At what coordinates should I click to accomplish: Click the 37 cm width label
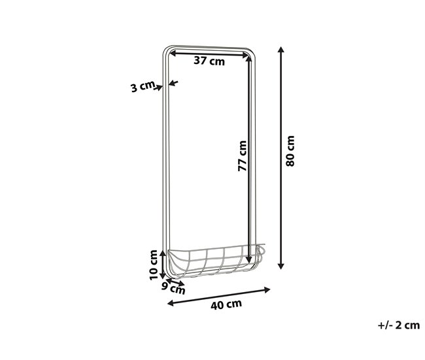coord(209,62)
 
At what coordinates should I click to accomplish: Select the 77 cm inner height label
coord(241,156)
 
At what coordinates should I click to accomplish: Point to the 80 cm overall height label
coord(291,151)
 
